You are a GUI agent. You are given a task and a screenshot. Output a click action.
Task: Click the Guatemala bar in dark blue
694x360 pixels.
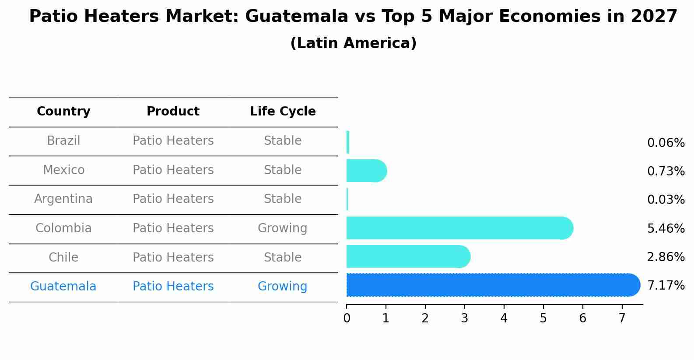coord(490,285)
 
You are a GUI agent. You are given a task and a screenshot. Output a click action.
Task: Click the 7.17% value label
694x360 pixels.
coord(666,286)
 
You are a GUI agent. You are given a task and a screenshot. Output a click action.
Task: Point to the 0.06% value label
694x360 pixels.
coord(666,143)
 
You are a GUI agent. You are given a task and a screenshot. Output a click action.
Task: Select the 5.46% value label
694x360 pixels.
coord(666,228)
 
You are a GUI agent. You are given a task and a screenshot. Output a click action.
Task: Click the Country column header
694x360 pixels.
coord(63,112)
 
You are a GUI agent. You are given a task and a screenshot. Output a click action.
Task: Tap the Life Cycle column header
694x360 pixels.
coord(283,112)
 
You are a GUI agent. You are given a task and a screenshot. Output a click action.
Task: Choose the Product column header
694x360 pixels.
coord(173,112)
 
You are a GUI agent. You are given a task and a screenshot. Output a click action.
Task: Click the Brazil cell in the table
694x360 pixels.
coord(63,141)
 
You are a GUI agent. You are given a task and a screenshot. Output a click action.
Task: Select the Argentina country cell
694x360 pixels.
coord(63,199)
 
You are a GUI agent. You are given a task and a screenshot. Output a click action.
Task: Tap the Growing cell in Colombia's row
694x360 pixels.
coord(282,228)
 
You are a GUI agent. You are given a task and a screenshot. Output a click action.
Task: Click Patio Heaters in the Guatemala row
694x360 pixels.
coord(173,287)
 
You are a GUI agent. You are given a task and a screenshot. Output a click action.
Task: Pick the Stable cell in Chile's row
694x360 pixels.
coord(283,257)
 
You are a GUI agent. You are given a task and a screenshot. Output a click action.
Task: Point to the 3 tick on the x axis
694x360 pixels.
coord(464,318)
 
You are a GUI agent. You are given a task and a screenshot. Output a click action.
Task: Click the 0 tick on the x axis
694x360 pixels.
coord(347,318)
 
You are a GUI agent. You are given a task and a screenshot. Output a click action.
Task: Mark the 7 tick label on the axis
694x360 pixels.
coord(622,318)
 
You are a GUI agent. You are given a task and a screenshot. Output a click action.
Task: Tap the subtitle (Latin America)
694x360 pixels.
coord(353,43)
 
